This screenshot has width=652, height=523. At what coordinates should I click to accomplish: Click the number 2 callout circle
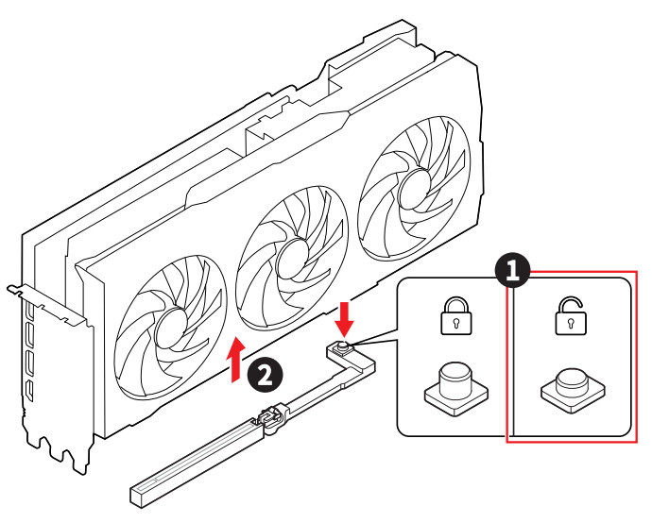(264, 375)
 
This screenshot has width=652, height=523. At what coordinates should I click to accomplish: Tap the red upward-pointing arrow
(236, 360)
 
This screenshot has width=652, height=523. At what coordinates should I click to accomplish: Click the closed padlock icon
(455, 317)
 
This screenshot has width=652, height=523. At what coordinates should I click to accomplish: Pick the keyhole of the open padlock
(568, 323)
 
